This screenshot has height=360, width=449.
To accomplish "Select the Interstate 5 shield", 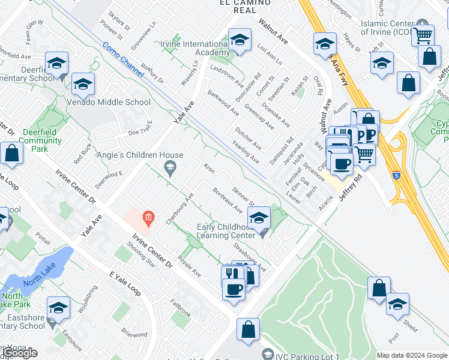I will click(x=396, y=176).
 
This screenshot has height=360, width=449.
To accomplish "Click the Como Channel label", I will click(x=123, y=59).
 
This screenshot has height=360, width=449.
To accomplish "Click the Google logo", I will click(x=19, y=353).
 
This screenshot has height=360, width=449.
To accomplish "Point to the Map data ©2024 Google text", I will click(x=411, y=355).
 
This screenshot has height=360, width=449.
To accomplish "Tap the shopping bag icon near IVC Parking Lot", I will click(x=248, y=329).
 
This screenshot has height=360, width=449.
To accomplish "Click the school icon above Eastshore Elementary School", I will click(x=58, y=308).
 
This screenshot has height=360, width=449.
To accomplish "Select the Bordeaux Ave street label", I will click(x=227, y=201).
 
